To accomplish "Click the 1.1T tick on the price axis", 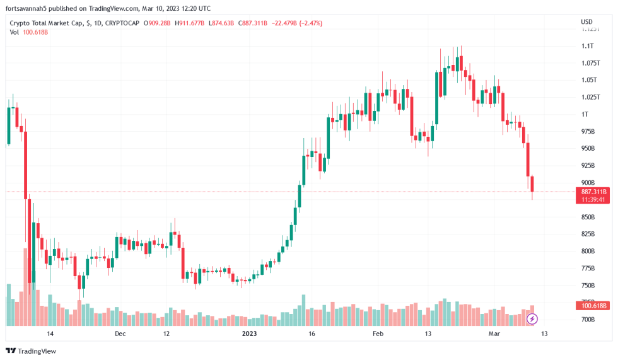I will pyautogui.click(x=587, y=46).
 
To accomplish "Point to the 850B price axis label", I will pyautogui.click(x=587, y=217).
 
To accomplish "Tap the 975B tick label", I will pyautogui.click(x=587, y=131).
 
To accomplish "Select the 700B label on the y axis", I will pyautogui.click(x=587, y=320).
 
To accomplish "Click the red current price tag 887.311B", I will pyautogui.click(x=593, y=191).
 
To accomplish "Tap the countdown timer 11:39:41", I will pyautogui.click(x=593, y=199).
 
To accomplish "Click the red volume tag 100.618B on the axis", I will pyautogui.click(x=593, y=306).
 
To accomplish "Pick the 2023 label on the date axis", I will pyautogui.click(x=250, y=334).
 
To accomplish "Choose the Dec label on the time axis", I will pyautogui.click(x=120, y=334).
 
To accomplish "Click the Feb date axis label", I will pyautogui.click(x=377, y=334).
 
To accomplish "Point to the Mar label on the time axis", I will pyautogui.click(x=494, y=334).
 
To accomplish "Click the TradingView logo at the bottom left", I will pyautogui.click(x=31, y=351).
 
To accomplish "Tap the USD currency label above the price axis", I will pyautogui.click(x=586, y=23).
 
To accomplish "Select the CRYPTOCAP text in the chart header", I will pyautogui.click(x=122, y=23).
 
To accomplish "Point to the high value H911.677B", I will pyautogui.click(x=189, y=23).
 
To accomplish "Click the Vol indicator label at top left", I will pyautogui.click(x=15, y=32).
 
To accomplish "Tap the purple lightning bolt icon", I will pyautogui.click(x=532, y=319).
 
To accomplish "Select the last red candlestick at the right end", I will pyautogui.click(x=532, y=184).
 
